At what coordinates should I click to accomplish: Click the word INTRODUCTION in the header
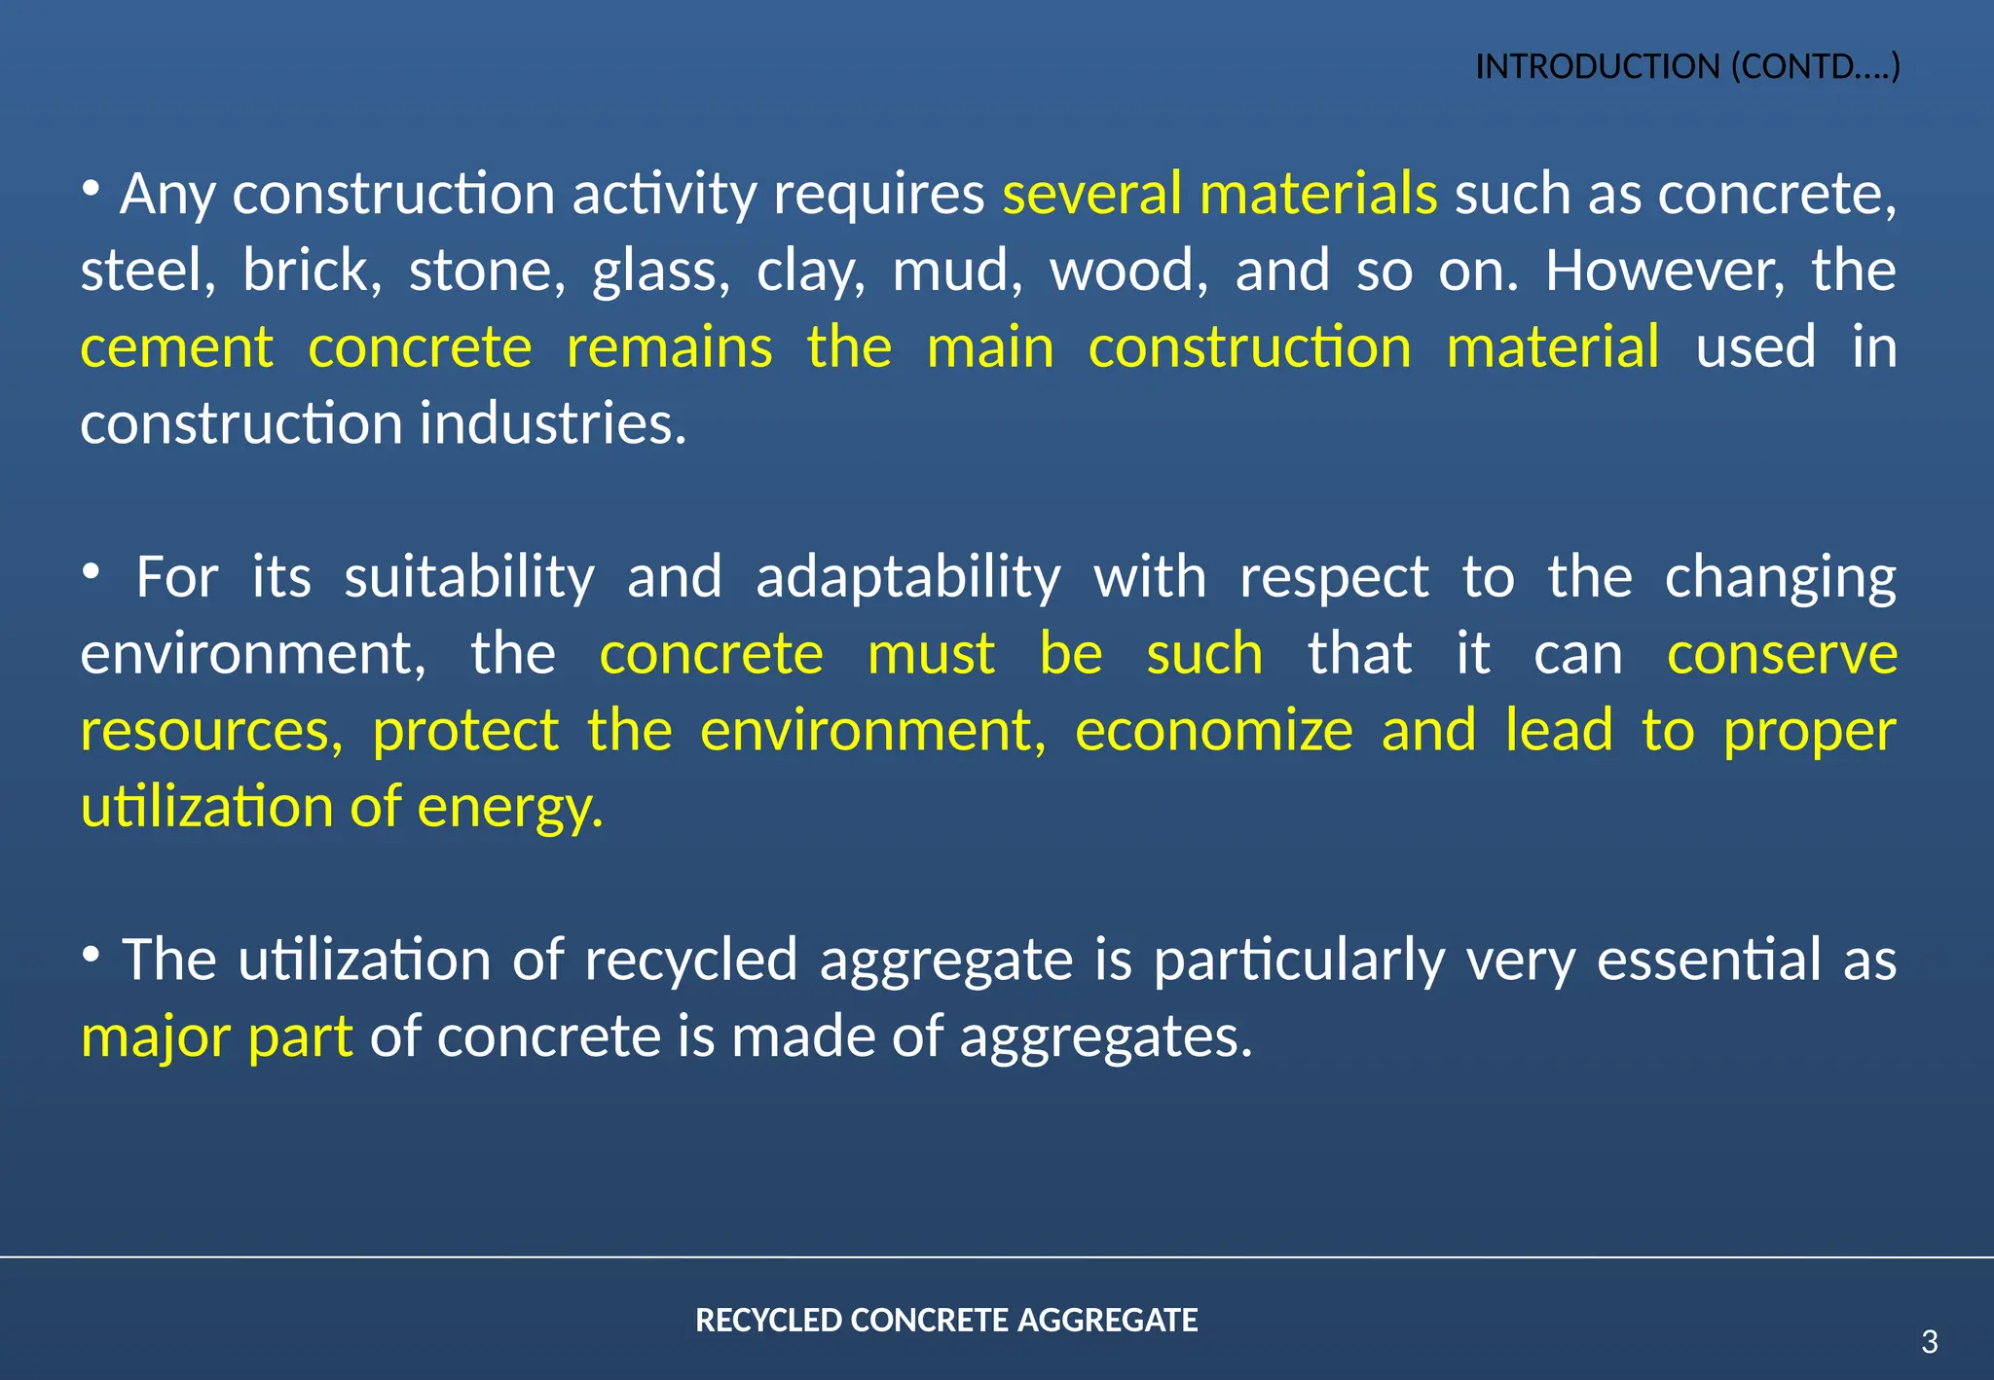pyautogui.click(x=1598, y=67)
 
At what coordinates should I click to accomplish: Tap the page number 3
pyautogui.click(x=1929, y=1342)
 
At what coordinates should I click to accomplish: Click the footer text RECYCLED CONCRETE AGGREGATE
pyautogui.click(x=946, y=1321)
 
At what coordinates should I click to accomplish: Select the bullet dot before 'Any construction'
pyautogui.click(x=91, y=187)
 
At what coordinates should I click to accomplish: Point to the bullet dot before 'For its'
pyautogui.click(x=91, y=571)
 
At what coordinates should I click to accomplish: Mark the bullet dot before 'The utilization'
pyautogui.click(x=91, y=954)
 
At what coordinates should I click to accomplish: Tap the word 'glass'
pyautogui.click(x=661, y=272)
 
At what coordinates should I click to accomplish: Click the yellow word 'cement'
pyautogui.click(x=177, y=347)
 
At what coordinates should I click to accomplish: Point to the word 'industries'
pyautogui.click(x=553, y=423)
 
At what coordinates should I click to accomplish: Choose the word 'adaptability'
pyautogui.click(x=908, y=578)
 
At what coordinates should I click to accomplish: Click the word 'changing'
pyautogui.click(x=1780, y=578)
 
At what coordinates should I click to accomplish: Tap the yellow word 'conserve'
pyautogui.click(x=1782, y=654)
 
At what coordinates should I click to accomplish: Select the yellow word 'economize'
pyautogui.click(x=1213, y=731)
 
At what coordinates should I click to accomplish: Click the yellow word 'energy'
pyautogui.click(x=510, y=808)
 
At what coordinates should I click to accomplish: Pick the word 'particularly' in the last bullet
pyautogui.click(x=1299, y=962)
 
